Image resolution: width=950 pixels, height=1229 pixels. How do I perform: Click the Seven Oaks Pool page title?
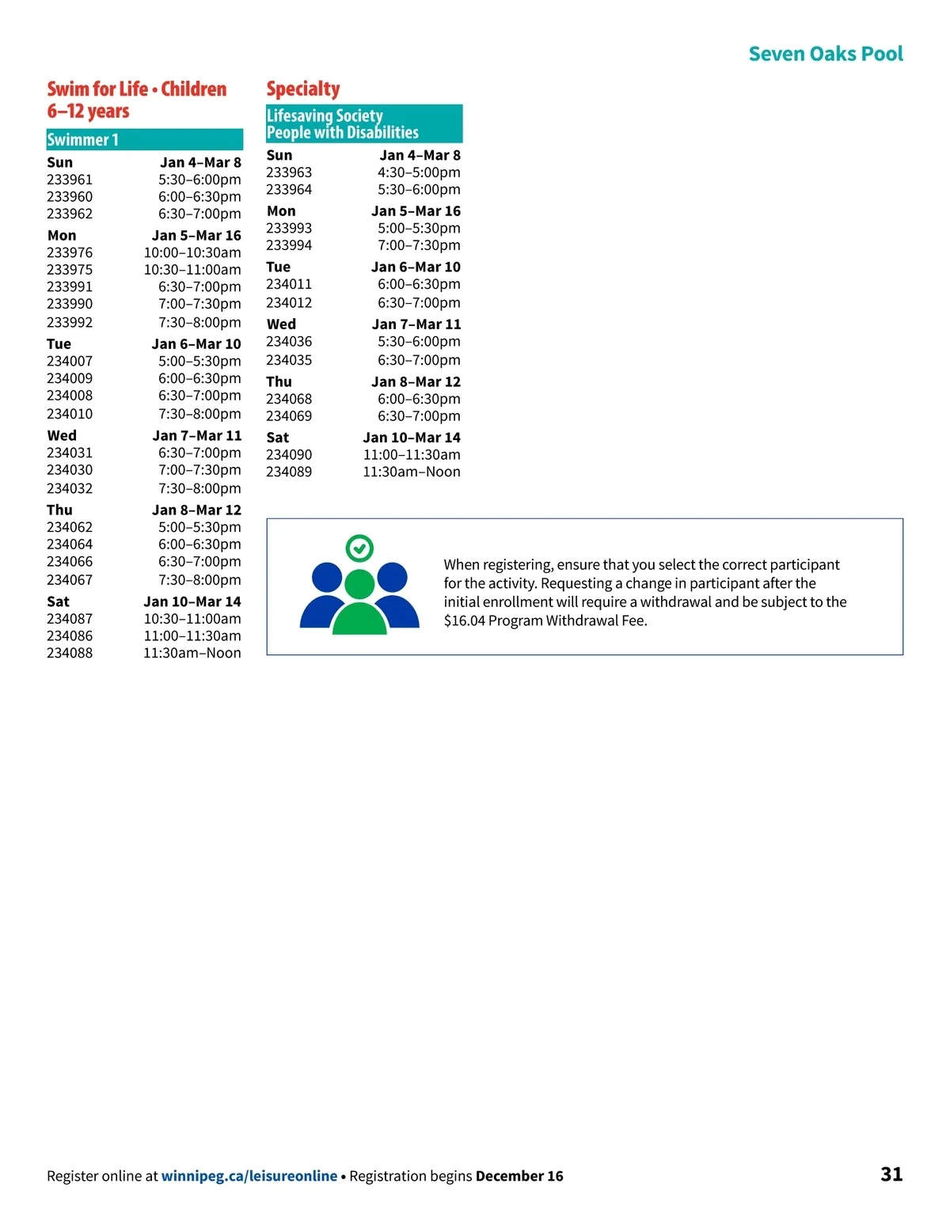click(x=825, y=54)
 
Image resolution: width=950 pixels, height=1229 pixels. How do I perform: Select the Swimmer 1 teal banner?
click(x=144, y=140)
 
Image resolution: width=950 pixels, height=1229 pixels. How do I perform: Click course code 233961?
click(x=70, y=180)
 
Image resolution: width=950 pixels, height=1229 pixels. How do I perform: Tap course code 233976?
click(x=70, y=252)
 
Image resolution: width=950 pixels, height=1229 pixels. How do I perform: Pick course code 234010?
click(x=70, y=414)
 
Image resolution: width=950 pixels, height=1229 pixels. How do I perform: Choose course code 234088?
click(x=70, y=653)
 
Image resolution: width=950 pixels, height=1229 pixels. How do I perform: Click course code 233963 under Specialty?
click(x=289, y=173)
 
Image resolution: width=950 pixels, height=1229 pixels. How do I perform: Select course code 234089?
click(x=289, y=472)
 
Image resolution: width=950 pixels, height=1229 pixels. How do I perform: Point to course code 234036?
click(x=289, y=342)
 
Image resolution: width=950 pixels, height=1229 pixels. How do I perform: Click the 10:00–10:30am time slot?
click(x=192, y=252)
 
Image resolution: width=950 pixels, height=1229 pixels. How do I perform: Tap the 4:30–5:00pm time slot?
click(x=419, y=173)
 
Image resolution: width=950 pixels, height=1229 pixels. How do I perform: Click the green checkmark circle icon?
click(x=359, y=548)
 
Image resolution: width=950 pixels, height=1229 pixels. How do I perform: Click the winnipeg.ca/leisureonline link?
click(x=249, y=1176)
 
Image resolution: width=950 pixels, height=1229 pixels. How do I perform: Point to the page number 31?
click(x=891, y=1174)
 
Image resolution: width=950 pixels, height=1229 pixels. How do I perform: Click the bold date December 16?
click(x=519, y=1176)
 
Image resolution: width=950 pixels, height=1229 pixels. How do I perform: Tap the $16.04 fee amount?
click(x=464, y=621)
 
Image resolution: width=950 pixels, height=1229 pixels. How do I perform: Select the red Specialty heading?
click(x=303, y=89)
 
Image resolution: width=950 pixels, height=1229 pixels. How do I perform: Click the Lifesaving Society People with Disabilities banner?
click(x=364, y=123)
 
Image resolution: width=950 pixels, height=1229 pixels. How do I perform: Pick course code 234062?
click(x=70, y=527)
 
